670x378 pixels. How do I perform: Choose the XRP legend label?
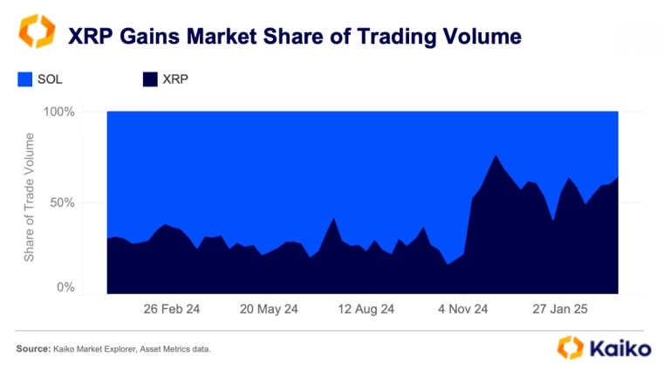click(175, 79)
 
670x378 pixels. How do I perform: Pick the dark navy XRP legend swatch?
click(148, 79)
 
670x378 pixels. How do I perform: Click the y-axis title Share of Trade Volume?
click(29, 196)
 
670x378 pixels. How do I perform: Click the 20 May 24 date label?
click(268, 308)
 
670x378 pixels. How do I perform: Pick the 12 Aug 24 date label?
click(366, 308)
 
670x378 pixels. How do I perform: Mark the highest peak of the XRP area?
click(496, 155)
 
